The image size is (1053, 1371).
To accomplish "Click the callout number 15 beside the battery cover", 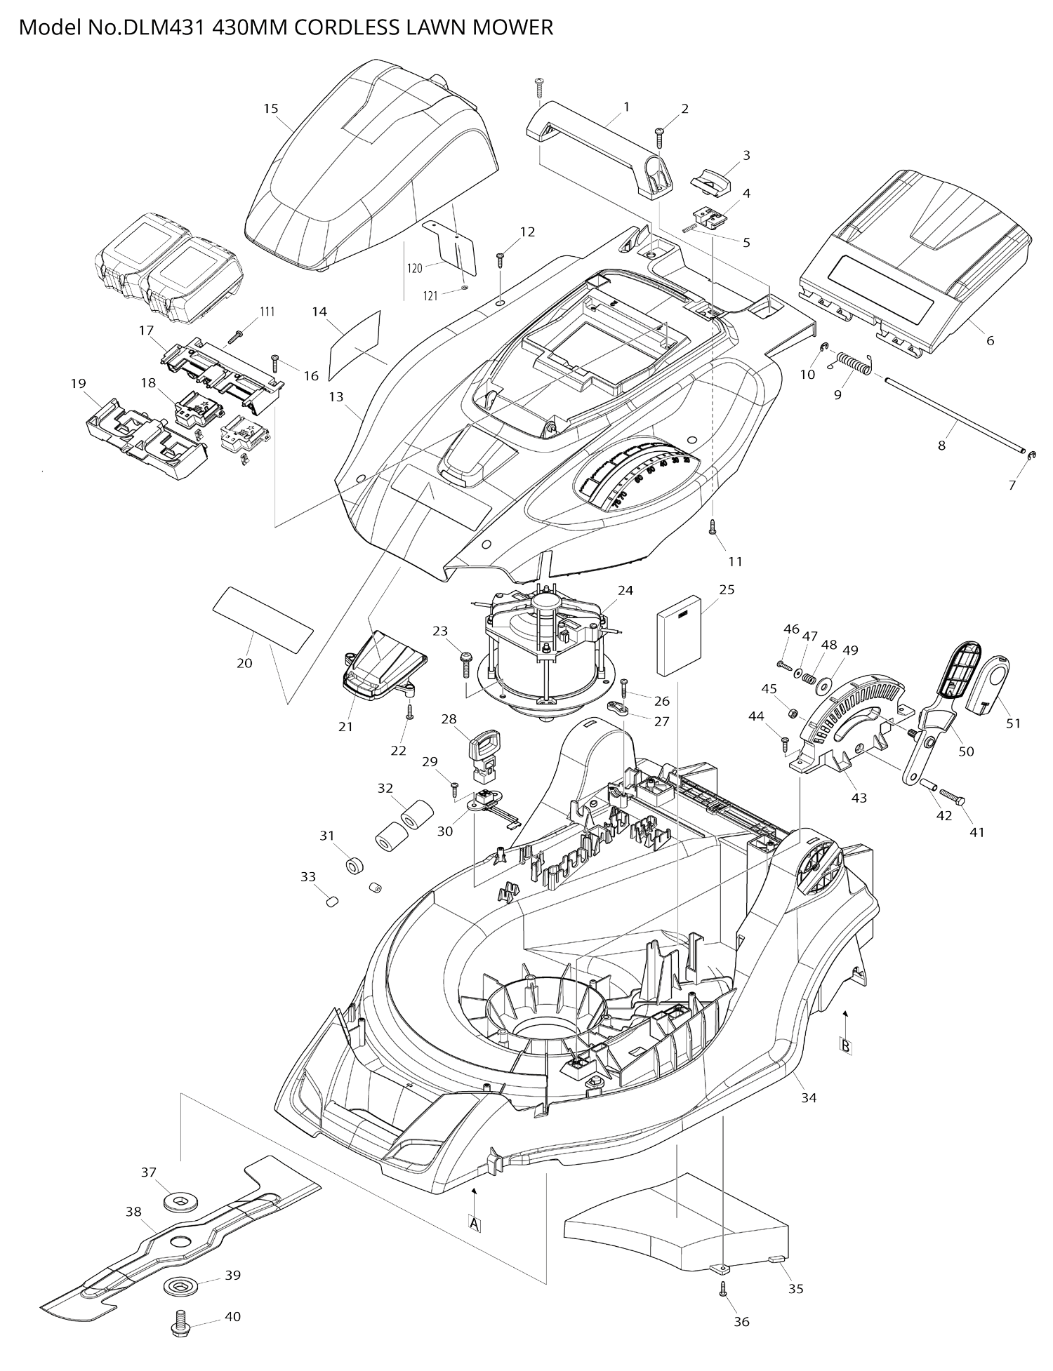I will pos(271,109).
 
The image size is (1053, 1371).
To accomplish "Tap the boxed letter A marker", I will pos(475,1224).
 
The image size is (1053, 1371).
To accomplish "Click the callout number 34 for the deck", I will pos(809,1098).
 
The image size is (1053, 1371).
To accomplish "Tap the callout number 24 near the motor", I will pos(625,590).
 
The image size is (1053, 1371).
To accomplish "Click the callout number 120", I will pos(415,268).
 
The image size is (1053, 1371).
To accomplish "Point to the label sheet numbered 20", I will pos(263,619).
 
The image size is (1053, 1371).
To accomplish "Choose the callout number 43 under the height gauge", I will pos(859,798).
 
